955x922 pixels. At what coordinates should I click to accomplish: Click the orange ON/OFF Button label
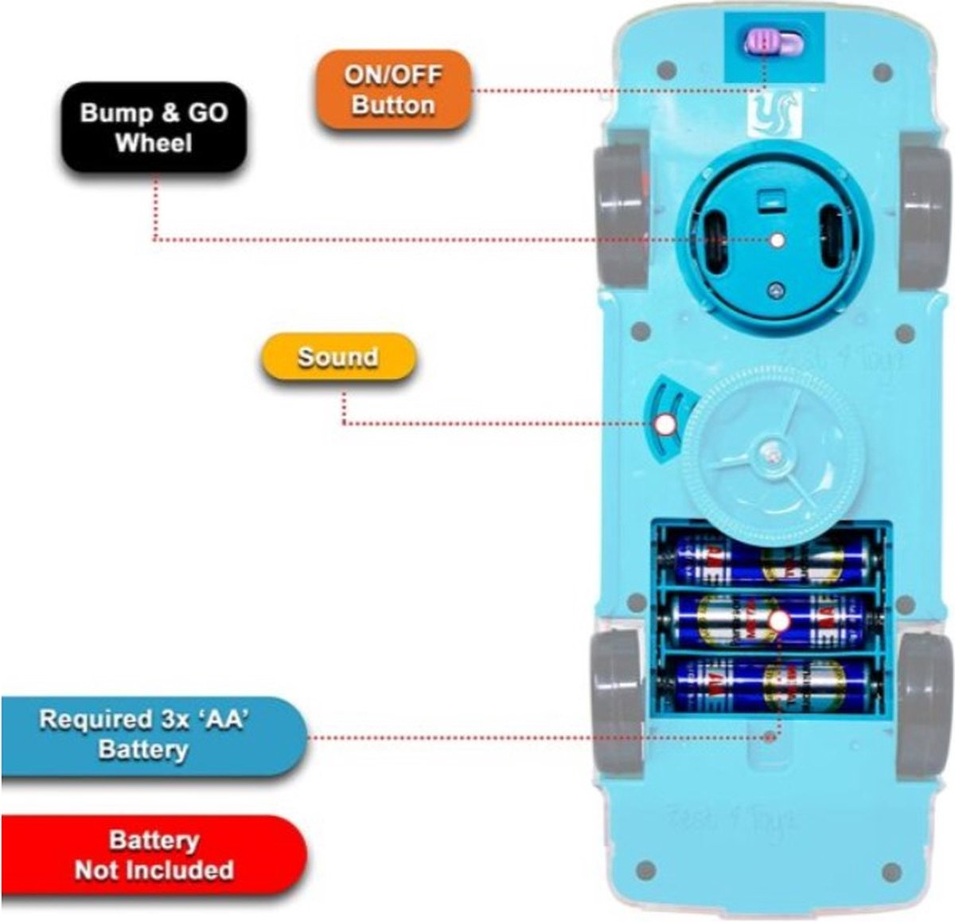pos(392,90)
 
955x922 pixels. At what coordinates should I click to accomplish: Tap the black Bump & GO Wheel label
pos(154,127)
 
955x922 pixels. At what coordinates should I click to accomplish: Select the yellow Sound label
pos(338,357)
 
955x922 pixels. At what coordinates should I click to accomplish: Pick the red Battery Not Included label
pos(154,855)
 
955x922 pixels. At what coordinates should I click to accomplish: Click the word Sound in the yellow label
pos(338,357)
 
